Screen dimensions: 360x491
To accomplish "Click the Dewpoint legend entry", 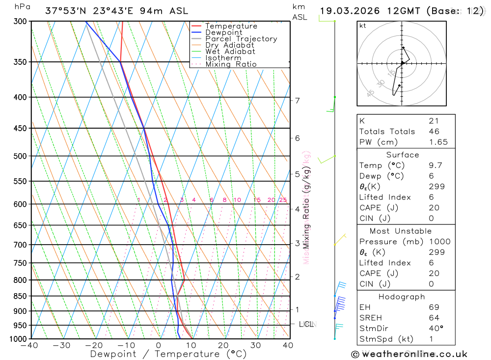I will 224,32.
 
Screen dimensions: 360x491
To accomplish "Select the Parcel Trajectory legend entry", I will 241,39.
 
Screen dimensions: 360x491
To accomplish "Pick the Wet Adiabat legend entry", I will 230,52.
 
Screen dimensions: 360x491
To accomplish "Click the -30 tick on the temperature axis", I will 61,345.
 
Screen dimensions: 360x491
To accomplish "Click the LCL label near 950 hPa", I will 306,324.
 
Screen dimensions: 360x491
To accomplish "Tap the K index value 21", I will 434,121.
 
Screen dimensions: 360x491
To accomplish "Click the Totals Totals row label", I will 387,132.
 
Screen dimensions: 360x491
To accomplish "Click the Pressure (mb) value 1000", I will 438,242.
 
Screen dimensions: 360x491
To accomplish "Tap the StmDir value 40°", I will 436,328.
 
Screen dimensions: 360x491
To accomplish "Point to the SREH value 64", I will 434,317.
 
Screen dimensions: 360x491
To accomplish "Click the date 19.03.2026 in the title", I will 348,11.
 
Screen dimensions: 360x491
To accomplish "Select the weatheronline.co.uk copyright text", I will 409,354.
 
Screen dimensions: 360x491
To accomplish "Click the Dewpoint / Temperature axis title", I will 168,354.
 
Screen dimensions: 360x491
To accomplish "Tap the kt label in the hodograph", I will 363,26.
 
